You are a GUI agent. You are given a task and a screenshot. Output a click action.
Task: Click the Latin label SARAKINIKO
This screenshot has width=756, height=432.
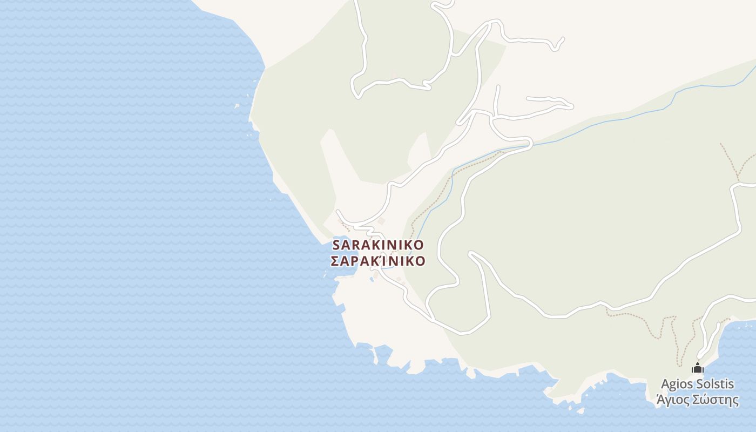(x=378, y=245)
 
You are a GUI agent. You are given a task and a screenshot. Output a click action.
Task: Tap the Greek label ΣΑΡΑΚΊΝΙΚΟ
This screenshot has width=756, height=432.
(x=378, y=261)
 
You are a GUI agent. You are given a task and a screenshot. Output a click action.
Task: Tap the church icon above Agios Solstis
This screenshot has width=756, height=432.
(x=698, y=369)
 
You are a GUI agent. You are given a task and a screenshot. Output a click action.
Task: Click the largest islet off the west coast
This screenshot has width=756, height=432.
(x=237, y=106)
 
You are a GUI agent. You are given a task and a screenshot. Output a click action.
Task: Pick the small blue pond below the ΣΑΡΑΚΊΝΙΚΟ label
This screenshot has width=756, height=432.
(x=373, y=279)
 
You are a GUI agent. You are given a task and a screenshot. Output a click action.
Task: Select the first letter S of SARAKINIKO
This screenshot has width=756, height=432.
(x=336, y=245)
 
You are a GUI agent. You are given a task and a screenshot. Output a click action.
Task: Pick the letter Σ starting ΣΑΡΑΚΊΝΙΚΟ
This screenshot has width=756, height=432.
(x=335, y=261)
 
